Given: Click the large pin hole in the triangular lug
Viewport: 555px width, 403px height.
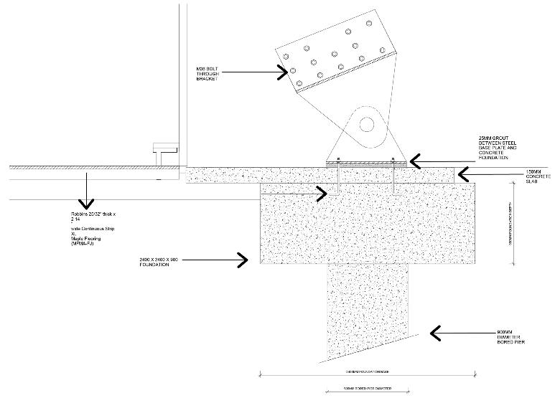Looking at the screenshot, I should click(x=368, y=123).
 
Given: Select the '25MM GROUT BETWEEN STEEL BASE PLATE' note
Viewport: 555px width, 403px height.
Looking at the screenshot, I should click(x=497, y=146).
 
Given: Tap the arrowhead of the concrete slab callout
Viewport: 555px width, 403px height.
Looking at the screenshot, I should click(x=460, y=173).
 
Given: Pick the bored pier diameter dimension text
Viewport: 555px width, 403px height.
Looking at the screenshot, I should click(x=365, y=390).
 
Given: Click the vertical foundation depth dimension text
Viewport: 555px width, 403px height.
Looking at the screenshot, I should click(x=510, y=222).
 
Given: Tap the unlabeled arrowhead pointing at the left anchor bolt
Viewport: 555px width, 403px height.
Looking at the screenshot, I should click(x=325, y=191).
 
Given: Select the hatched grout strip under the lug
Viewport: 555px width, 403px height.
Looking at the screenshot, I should click(x=365, y=163).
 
